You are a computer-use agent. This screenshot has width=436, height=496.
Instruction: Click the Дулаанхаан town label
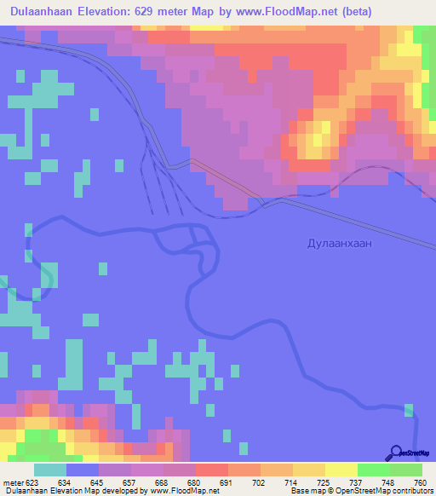[339, 243]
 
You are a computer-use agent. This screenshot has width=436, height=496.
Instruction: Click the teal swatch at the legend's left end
[50, 470]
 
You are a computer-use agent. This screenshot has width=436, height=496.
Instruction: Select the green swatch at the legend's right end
[406, 470]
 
